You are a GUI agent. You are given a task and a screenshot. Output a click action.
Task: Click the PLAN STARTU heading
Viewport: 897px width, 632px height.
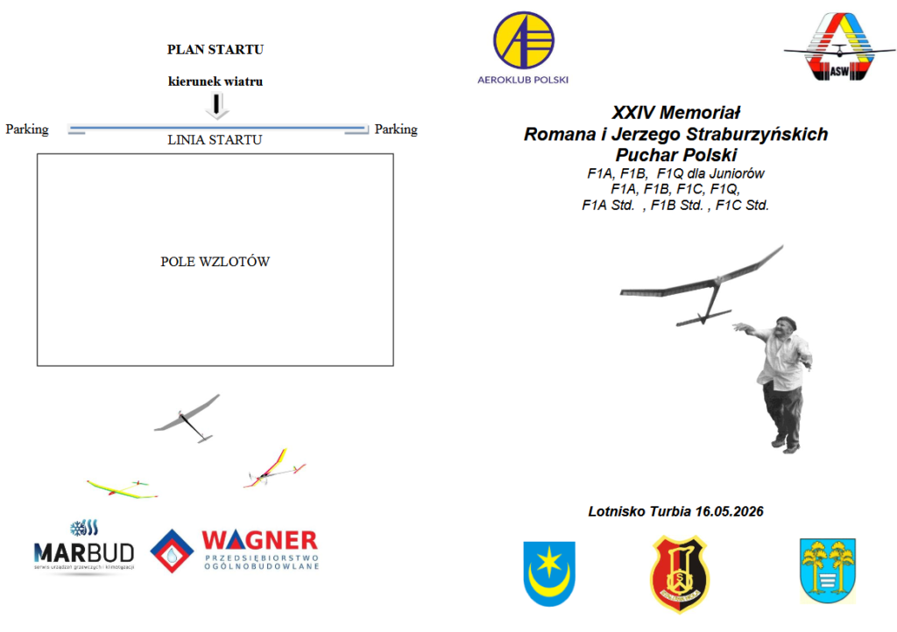215,50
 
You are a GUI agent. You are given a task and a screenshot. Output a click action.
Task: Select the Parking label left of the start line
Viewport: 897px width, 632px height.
27,130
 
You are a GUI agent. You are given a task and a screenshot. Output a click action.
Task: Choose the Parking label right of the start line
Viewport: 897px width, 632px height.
396,130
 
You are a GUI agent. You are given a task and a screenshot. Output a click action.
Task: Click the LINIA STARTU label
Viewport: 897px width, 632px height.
215,139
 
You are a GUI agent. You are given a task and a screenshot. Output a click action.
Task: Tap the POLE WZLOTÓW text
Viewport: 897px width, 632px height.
215,262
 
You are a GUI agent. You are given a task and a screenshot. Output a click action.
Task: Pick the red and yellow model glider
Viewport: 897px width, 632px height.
274,470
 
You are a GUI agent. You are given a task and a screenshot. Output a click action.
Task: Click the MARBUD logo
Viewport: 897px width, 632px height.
84,546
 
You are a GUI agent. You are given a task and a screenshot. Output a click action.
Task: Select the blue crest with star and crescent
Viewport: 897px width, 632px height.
549,573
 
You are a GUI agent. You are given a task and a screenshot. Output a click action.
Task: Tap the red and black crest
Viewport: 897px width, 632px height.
679,573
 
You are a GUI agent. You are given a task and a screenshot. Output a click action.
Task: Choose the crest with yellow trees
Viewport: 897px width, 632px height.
827,571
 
